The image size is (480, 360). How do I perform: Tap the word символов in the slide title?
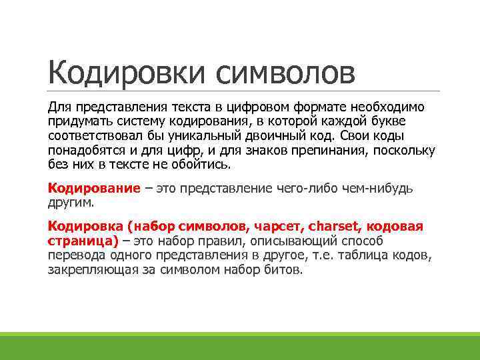[285, 71]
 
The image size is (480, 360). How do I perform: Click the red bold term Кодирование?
[94, 188]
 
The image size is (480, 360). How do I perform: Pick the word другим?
[71, 202]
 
